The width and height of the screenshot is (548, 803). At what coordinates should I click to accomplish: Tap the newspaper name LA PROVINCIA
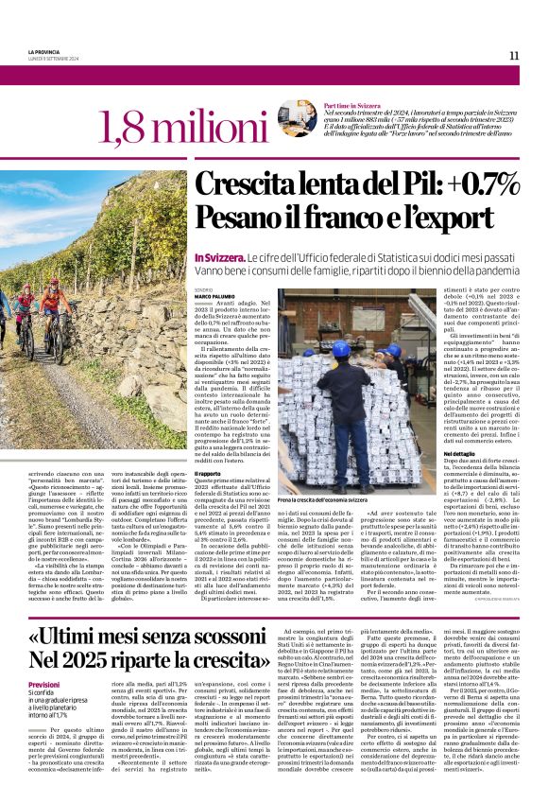click(x=43, y=52)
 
